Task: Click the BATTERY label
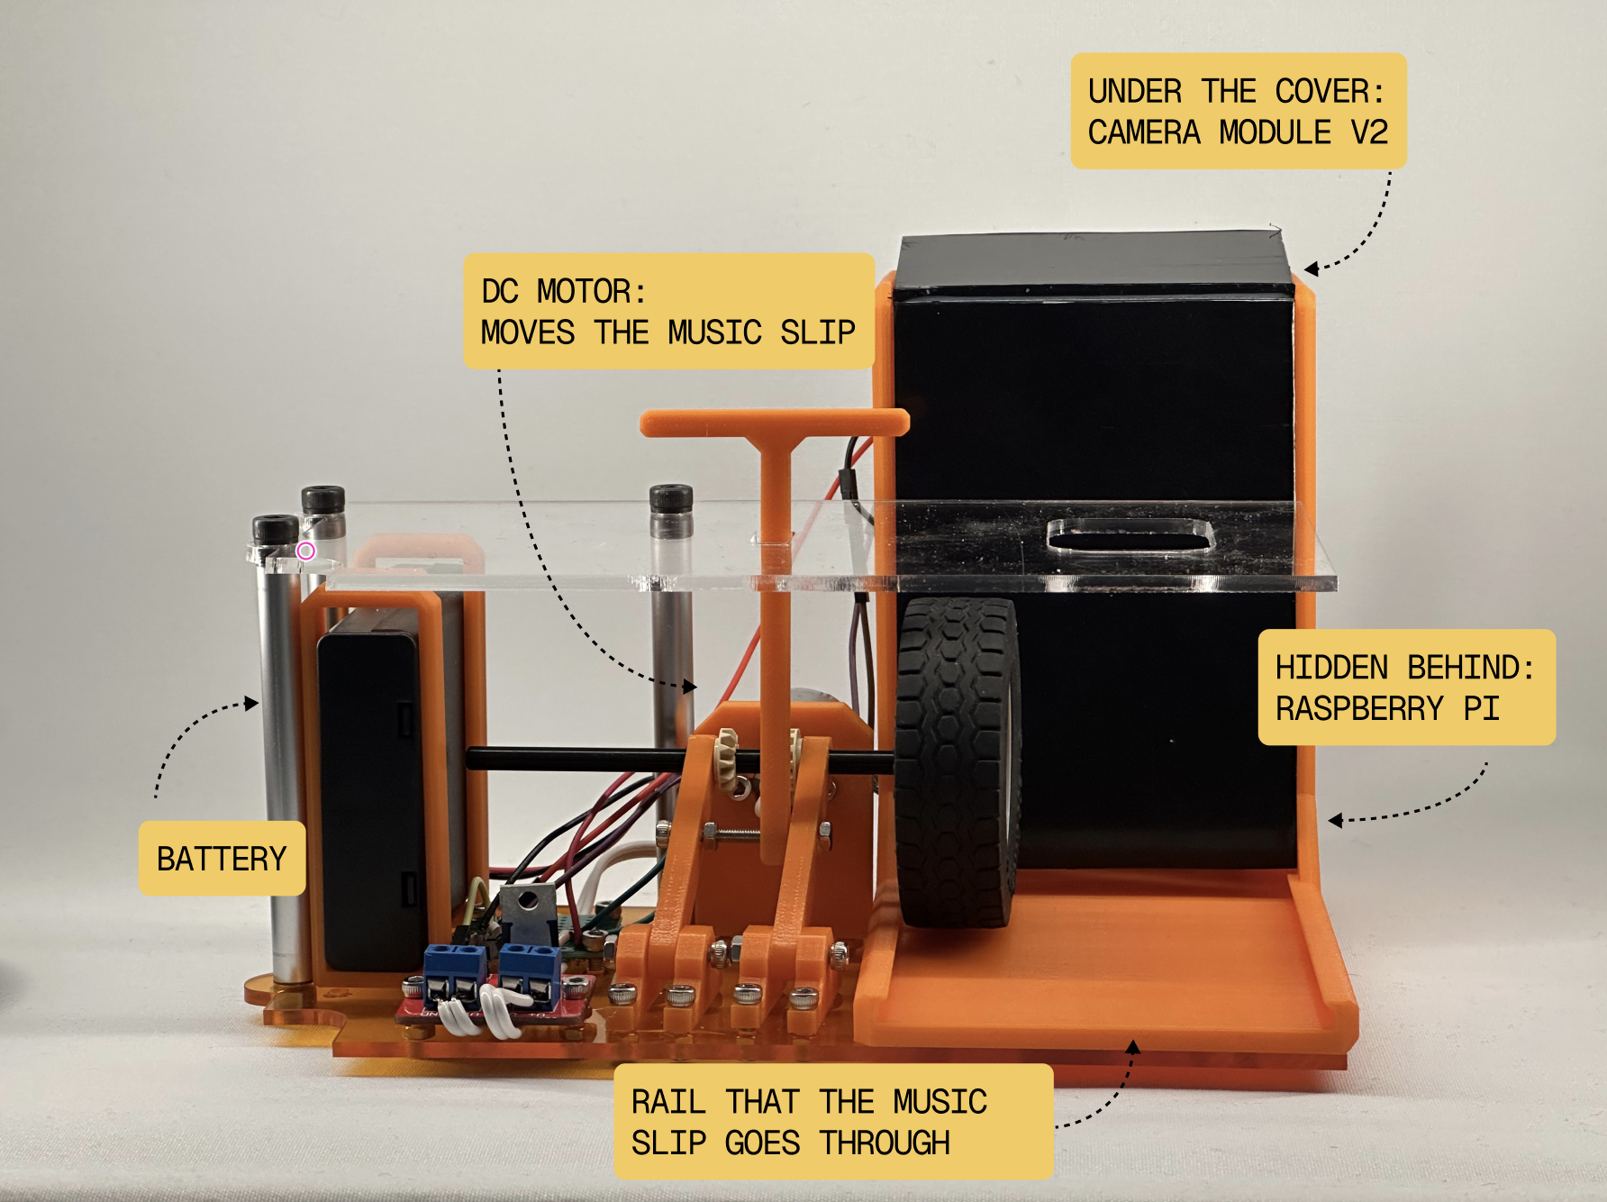222,858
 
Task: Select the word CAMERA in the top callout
1144,132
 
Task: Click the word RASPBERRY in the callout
1359,709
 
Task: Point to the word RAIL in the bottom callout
668,1102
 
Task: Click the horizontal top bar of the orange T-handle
775,422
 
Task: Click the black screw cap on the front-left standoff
275,530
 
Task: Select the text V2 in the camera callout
1369,132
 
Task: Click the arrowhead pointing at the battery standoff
252,703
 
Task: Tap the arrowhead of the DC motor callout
690,687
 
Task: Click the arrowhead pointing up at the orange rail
1133,1047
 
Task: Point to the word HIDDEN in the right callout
1331,668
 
